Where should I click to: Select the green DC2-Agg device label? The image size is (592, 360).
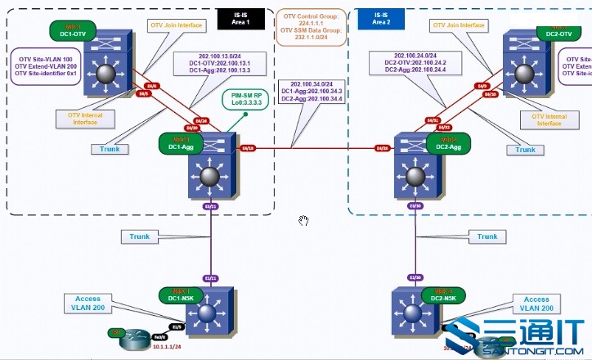point(447,143)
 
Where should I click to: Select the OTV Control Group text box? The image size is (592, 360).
point(312,25)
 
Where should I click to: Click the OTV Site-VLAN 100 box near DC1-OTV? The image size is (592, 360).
point(44,66)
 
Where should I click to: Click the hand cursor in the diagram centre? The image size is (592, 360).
point(303,221)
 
